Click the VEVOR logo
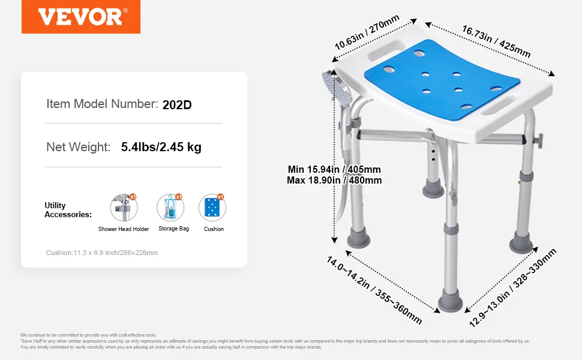point(81,17)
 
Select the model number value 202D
point(177,105)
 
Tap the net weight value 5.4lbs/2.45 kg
point(161,147)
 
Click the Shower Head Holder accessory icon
point(124,208)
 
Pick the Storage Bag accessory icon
point(170,208)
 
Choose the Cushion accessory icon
point(212,208)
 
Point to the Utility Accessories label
point(68,210)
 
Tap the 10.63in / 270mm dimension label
point(367,32)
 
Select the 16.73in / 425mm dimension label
point(496,41)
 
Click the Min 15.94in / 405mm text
point(334,170)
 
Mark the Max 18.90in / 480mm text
point(334,181)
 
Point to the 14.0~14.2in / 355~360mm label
point(374,290)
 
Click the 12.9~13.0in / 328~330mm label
point(512,288)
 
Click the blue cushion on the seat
point(442,79)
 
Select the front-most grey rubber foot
point(450,303)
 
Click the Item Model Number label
point(102,104)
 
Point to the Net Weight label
point(79,148)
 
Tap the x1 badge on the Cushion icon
point(220,197)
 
